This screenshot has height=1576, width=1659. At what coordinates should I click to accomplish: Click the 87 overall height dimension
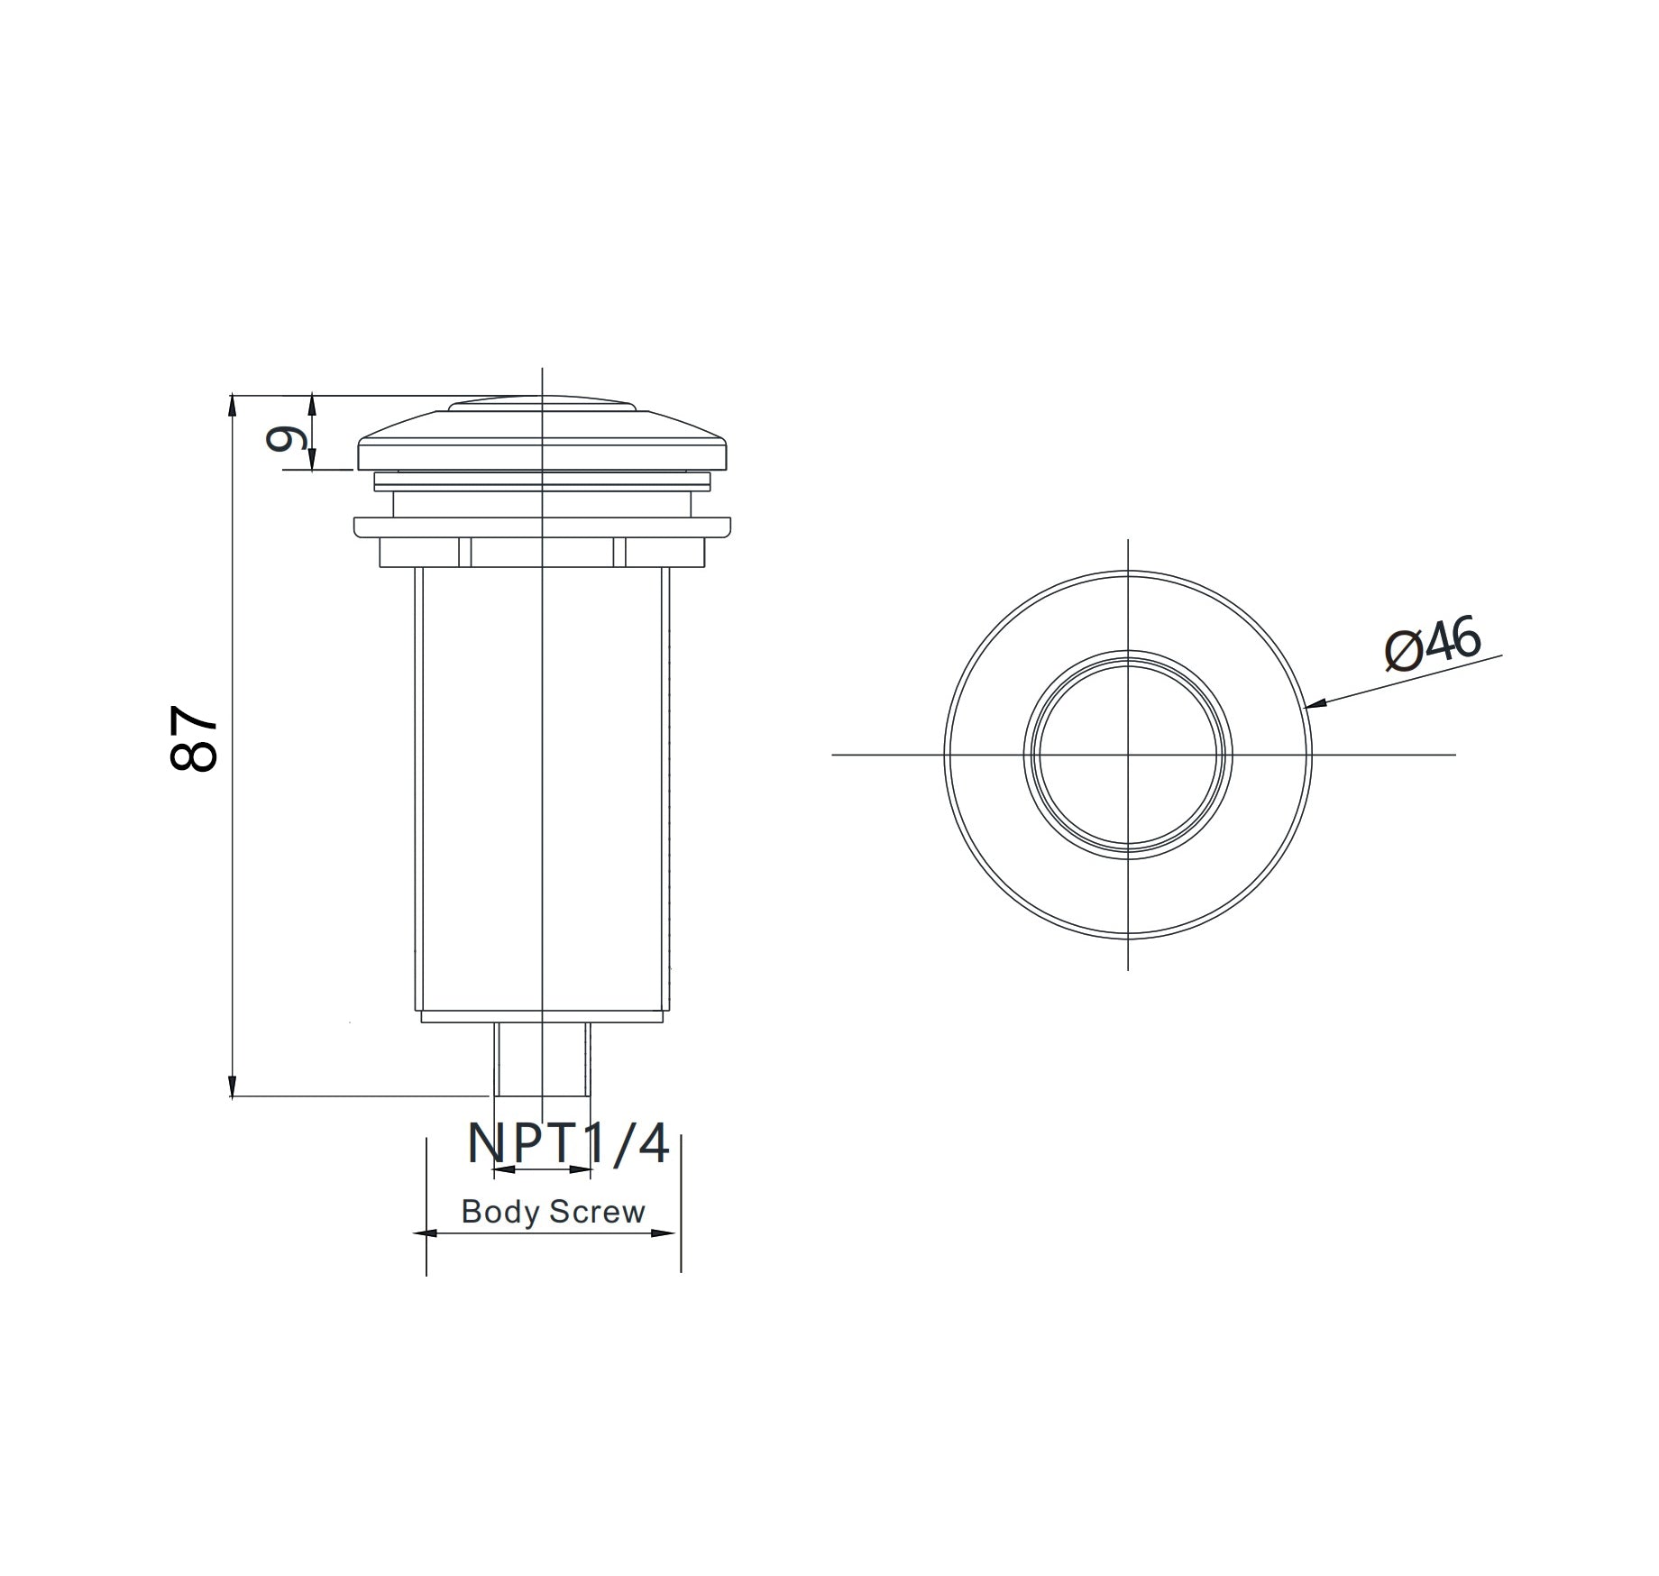pos(193,738)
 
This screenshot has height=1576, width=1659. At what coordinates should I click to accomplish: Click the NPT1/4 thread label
pos(568,1144)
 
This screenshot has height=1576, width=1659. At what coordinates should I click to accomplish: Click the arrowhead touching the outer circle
pos(1317,704)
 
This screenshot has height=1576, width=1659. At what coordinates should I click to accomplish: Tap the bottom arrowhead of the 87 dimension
pos(233,1086)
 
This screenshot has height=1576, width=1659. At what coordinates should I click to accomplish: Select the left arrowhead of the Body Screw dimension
pos(425,1232)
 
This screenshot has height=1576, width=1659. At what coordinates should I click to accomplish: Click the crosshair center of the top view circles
pos(1128,754)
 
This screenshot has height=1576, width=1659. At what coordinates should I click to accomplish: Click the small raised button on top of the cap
pos(542,403)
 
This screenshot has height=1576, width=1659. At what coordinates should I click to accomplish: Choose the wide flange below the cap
pos(542,527)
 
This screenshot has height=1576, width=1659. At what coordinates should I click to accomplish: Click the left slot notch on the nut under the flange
pos(465,552)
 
